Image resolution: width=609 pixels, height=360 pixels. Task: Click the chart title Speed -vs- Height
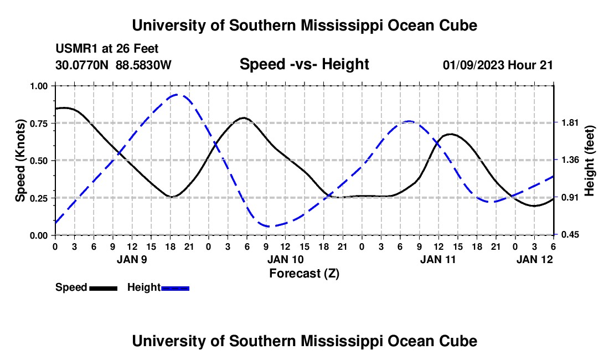[x=304, y=64]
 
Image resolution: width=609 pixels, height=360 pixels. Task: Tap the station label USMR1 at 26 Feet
[x=107, y=49]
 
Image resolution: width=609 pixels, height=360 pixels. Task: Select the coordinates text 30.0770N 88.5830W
[x=113, y=65]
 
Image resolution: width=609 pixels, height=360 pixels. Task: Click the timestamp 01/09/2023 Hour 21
[x=498, y=65]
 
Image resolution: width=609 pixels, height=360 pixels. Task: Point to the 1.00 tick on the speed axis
[x=38, y=86]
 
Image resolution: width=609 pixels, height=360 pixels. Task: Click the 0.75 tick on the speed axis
[x=38, y=123]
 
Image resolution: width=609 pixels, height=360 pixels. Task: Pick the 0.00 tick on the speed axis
[x=38, y=235]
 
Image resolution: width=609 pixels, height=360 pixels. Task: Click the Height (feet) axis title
[x=590, y=161]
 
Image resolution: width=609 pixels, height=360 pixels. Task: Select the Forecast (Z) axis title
[x=304, y=273]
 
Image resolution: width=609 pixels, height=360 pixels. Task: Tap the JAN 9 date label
[x=131, y=259]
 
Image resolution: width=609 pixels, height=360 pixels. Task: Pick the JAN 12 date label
[x=535, y=259]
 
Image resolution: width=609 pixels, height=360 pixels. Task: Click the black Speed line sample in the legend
[x=103, y=288]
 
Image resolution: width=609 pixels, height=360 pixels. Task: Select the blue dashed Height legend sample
[x=176, y=288]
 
